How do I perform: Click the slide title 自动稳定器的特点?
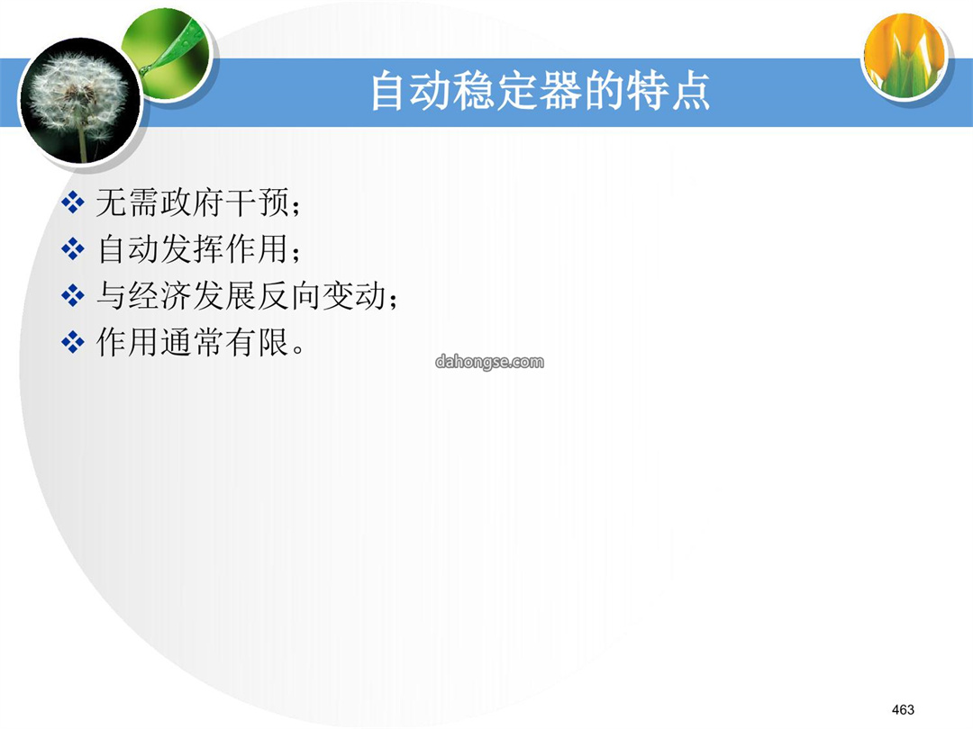(540, 91)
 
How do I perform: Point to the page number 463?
(903, 709)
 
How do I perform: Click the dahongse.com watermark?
(489, 362)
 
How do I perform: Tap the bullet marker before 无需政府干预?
(73, 202)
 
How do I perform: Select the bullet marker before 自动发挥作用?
(73, 249)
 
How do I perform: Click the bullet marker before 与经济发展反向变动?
(73, 296)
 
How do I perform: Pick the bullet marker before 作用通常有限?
(73, 342)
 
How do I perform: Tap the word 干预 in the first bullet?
(257, 202)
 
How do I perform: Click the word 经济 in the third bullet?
(160, 296)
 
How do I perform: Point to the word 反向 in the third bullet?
(289, 296)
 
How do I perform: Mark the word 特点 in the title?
(668, 91)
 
